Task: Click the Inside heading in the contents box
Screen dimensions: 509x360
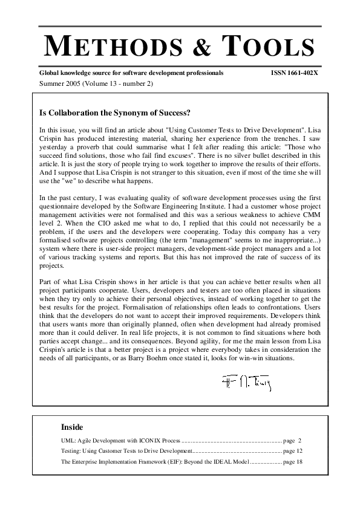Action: (x=72, y=427)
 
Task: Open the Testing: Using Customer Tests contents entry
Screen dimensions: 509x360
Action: (x=126, y=451)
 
